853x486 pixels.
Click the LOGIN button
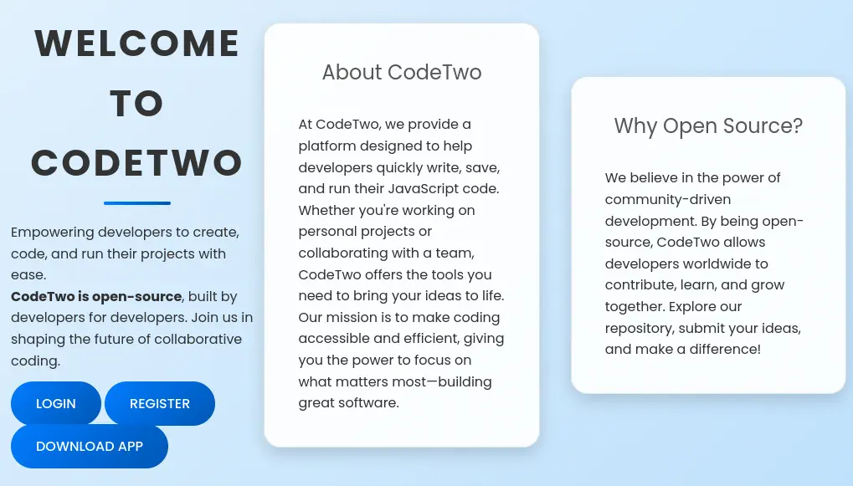point(56,403)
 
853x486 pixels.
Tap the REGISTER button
point(160,403)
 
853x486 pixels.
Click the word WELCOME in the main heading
point(137,43)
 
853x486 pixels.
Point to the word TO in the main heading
point(137,103)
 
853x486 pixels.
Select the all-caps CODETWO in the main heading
point(137,162)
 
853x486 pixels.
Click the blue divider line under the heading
point(137,203)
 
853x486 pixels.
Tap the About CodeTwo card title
point(402,72)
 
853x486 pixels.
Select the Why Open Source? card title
point(708,125)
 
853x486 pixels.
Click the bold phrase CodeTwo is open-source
point(96,296)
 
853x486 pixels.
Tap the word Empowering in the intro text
point(52,233)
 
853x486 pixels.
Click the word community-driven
point(667,200)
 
